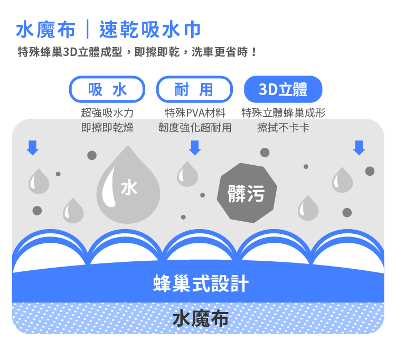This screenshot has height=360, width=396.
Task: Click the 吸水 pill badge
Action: [107, 90]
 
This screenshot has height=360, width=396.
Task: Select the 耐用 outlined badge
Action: [194, 90]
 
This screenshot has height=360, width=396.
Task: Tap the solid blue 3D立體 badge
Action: [283, 90]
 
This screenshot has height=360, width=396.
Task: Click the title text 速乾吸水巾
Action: [150, 30]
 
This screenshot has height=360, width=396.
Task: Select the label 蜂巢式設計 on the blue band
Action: [201, 283]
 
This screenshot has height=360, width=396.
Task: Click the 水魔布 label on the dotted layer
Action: [201, 318]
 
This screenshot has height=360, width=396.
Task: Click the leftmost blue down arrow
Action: [33, 148]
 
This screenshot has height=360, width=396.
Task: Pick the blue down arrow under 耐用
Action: [195, 148]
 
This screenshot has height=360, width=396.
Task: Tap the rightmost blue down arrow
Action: [359, 148]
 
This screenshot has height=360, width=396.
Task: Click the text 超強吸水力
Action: [107, 113]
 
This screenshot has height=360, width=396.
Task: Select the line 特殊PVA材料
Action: [195, 113]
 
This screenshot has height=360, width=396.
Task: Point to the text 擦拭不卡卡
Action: [283, 128]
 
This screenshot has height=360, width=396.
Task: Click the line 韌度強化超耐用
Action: [195, 128]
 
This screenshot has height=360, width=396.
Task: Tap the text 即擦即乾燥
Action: [107, 128]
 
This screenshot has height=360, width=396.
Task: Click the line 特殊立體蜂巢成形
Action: [283, 113]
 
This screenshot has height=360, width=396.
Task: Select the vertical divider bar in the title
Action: [88, 30]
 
